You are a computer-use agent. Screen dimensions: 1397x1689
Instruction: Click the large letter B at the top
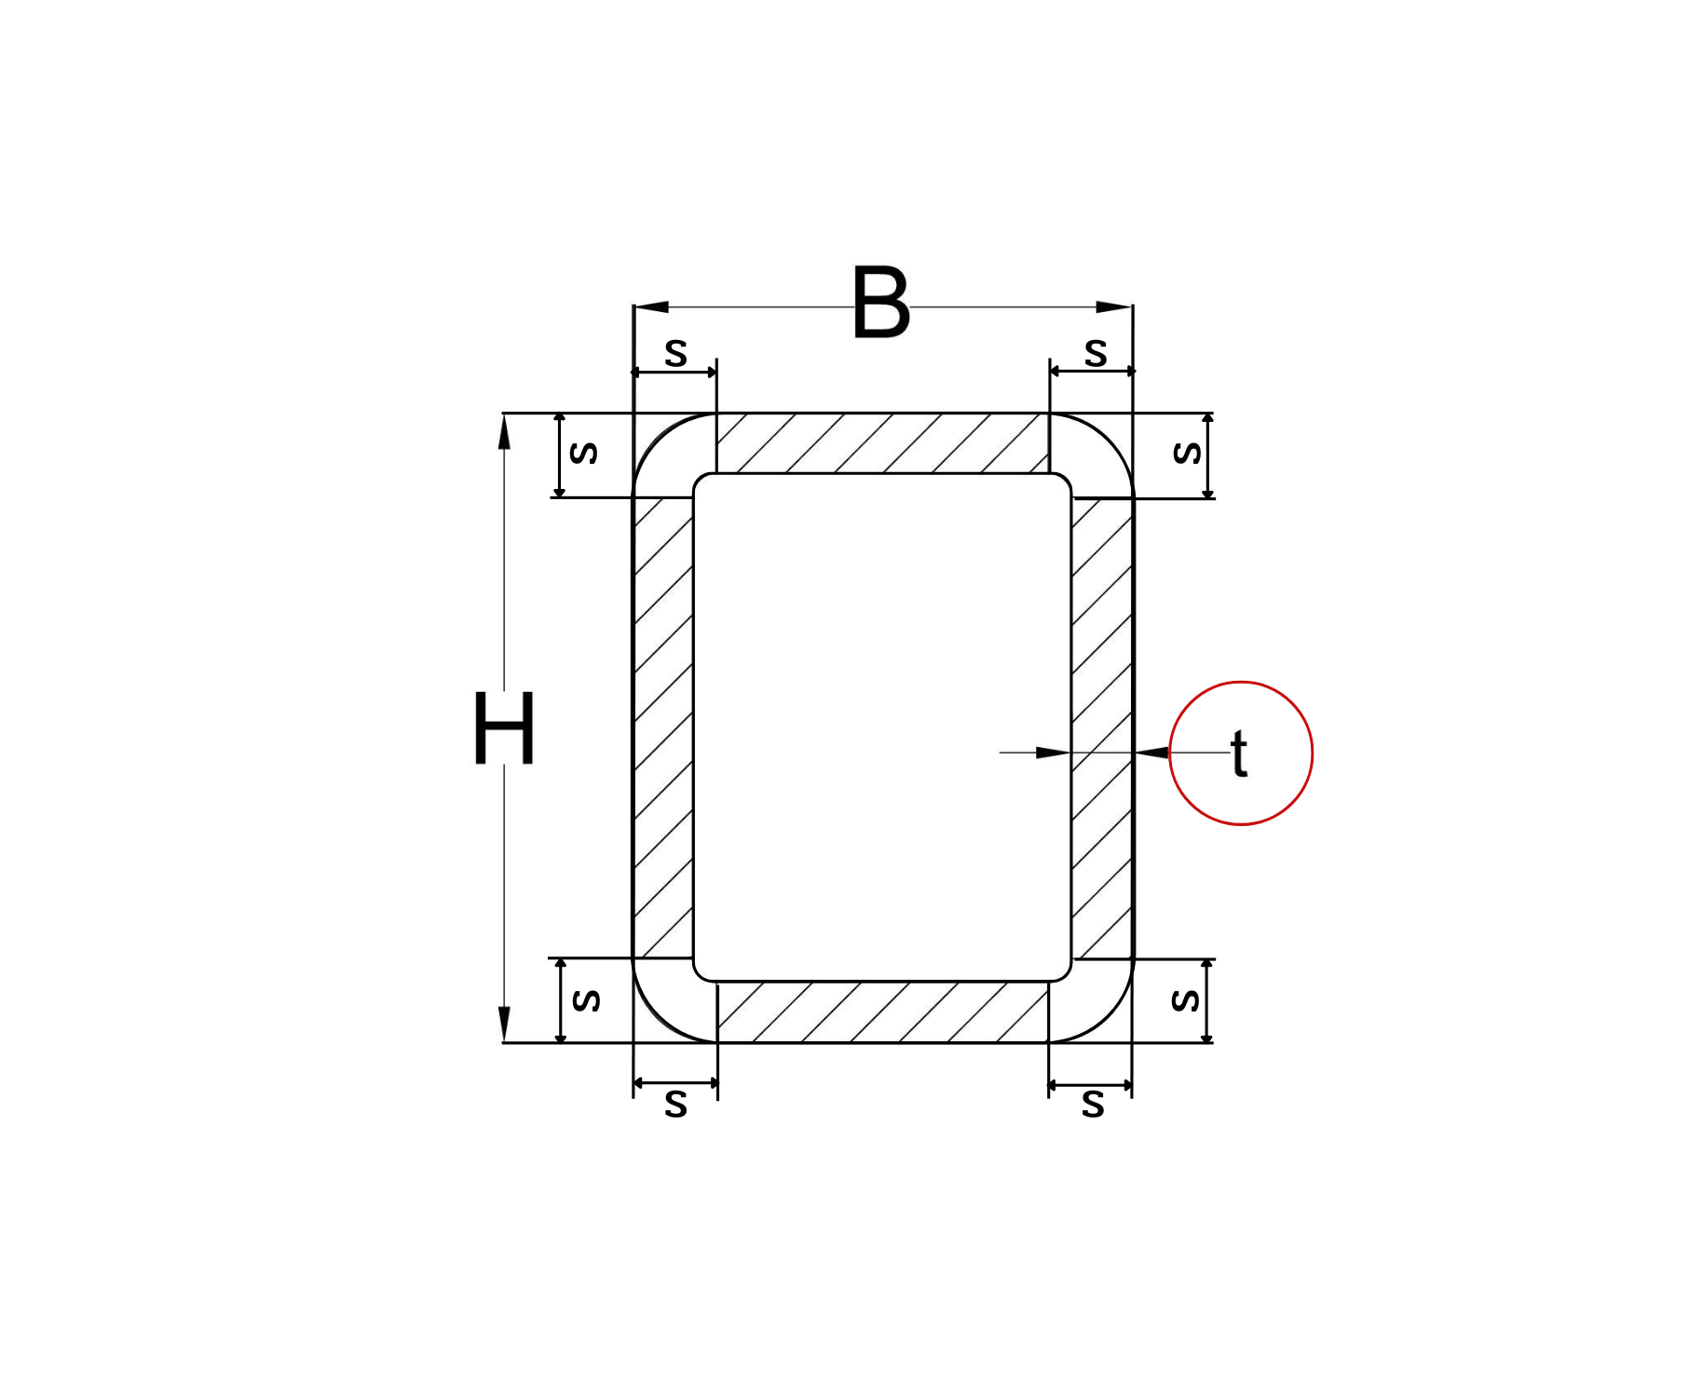pos(880,303)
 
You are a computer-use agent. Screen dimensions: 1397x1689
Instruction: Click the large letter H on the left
pos(504,727)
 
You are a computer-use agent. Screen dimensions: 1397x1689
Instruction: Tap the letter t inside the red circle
pos(1239,753)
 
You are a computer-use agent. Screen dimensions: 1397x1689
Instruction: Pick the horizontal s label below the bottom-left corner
pos(675,1105)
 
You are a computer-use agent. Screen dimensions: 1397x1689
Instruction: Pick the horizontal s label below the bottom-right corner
pos(1093,1105)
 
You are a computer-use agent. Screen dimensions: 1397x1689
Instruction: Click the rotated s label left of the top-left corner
pos(584,453)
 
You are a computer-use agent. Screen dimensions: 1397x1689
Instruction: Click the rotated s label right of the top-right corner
pos(1187,453)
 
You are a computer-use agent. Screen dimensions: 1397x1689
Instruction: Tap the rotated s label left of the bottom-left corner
pos(586,1000)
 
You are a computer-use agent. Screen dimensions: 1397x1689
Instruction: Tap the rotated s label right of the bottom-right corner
pos(1185,1000)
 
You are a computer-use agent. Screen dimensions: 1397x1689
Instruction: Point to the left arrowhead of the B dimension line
pos(651,307)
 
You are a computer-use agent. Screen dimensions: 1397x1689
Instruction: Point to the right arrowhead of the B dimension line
pos(1114,307)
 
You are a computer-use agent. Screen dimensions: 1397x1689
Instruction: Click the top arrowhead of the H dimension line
pos(504,432)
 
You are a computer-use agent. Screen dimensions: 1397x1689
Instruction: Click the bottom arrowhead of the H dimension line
pos(504,1024)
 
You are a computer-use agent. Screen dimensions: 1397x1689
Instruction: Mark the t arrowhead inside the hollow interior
pos(1054,753)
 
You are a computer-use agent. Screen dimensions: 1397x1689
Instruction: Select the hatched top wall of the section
pos(882,443)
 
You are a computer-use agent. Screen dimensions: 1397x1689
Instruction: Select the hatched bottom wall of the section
pos(882,1012)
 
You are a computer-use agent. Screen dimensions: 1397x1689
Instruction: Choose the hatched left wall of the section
pos(663,726)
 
